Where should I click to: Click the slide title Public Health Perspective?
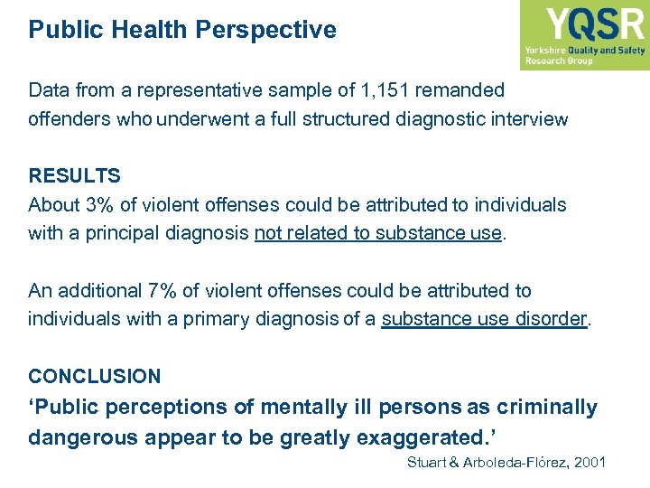click(x=182, y=30)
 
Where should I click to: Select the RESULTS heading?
click(x=74, y=175)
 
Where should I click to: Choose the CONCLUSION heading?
click(x=95, y=376)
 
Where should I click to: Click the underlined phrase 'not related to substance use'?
click(x=377, y=233)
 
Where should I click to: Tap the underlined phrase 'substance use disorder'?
click(x=484, y=319)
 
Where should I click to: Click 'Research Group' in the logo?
click(x=559, y=61)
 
